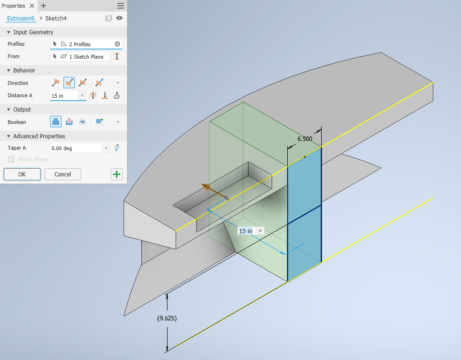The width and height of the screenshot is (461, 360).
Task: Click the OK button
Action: point(22,174)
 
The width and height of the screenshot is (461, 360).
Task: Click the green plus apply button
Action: point(117,175)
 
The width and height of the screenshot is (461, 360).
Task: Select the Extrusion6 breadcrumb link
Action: point(21,19)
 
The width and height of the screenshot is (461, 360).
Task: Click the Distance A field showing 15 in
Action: point(64,96)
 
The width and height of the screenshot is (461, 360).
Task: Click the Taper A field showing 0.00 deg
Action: point(76,148)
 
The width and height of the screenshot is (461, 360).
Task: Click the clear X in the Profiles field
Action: point(117,44)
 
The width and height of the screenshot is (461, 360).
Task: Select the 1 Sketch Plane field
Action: point(80,56)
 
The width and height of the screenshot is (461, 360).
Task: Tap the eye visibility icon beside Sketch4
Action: point(119,18)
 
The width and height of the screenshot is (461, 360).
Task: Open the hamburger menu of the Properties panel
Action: point(121,6)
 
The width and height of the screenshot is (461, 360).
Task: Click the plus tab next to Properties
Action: point(43,6)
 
